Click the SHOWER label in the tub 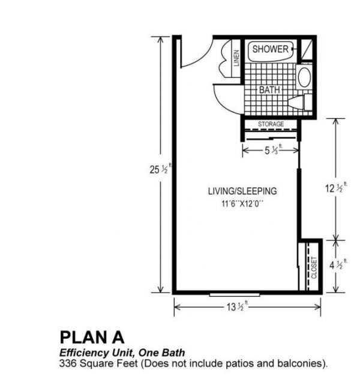click(271, 49)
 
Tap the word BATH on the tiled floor click(269, 90)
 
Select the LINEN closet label click(236, 58)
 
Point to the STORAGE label click(271, 124)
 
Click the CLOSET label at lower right click(314, 267)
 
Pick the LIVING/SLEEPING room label click(242, 191)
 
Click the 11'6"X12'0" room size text click(242, 204)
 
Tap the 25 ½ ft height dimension click(160, 169)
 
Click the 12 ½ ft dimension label click(336, 188)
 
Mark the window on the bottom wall click(235, 294)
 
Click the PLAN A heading click(92, 337)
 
